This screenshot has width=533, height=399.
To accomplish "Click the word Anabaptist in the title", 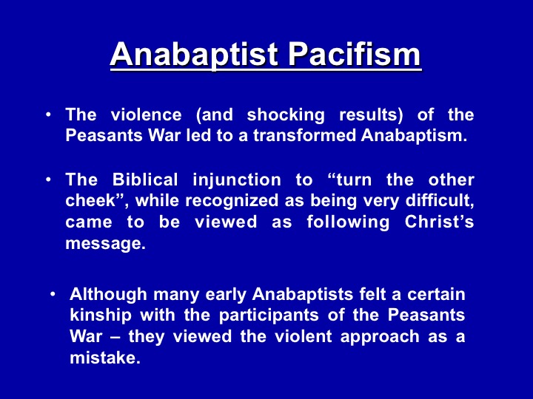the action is pyautogui.click(x=194, y=54).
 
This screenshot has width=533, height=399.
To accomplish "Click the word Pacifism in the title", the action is pyautogui.click(x=355, y=54).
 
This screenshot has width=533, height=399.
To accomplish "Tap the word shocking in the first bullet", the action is pyautogui.click(x=286, y=115).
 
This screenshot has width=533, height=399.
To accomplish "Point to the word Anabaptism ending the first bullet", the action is pyautogui.click(x=414, y=136).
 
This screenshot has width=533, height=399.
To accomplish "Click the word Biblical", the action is pyautogui.click(x=145, y=180).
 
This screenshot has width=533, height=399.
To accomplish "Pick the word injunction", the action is pyautogui.click(x=237, y=180).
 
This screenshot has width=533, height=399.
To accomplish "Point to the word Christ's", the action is pyautogui.click(x=439, y=222).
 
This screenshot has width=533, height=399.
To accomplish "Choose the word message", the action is pyautogui.click(x=105, y=244).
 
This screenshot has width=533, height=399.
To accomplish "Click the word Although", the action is pyautogui.click(x=108, y=294).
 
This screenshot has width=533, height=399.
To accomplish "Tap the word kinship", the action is pyautogui.click(x=100, y=316).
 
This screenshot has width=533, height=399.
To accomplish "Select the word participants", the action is pyautogui.click(x=269, y=316).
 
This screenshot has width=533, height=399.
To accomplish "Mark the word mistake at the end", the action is pyautogui.click(x=104, y=358).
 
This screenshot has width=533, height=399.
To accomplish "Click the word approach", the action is pyautogui.click(x=380, y=337).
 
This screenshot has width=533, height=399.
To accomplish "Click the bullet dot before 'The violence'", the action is pyautogui.click(x=49, y=115).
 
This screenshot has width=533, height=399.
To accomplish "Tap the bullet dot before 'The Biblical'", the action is pyautogui.click(x=49, y=179).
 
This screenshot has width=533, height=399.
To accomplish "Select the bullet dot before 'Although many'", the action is pyautogui.click(x=53, y=294).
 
